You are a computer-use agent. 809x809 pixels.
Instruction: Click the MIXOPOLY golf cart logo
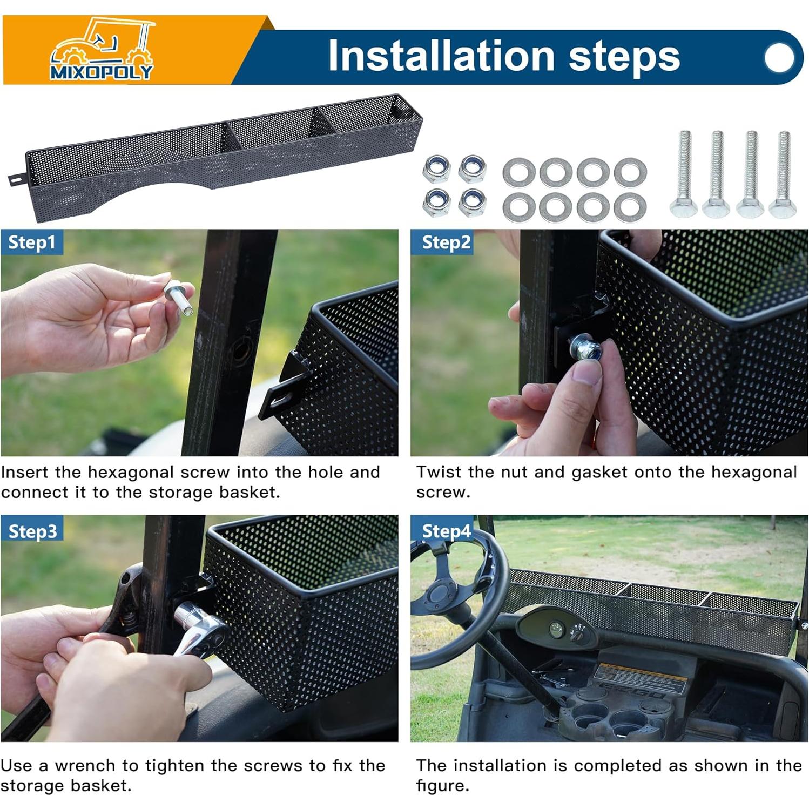(x=102, y=49)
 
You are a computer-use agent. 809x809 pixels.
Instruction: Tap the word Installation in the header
(x=441, y=55)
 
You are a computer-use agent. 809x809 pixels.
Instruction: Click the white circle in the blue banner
(x=780, y=57)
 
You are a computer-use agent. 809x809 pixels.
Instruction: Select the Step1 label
(x=32, y=242)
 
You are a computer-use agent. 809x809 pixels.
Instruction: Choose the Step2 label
(x=446, y=242)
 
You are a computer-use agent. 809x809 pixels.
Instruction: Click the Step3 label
(x=32, y=531)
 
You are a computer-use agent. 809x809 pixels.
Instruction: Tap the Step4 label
(x=446, y=531)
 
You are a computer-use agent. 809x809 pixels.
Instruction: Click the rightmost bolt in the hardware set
(x=783, y=174)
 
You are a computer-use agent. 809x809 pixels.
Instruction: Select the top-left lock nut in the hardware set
(x=436, y=168)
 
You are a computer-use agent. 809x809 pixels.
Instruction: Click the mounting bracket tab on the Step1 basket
(x=283, y=385)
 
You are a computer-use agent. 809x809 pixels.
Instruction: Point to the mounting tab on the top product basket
(x=17, y=179)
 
